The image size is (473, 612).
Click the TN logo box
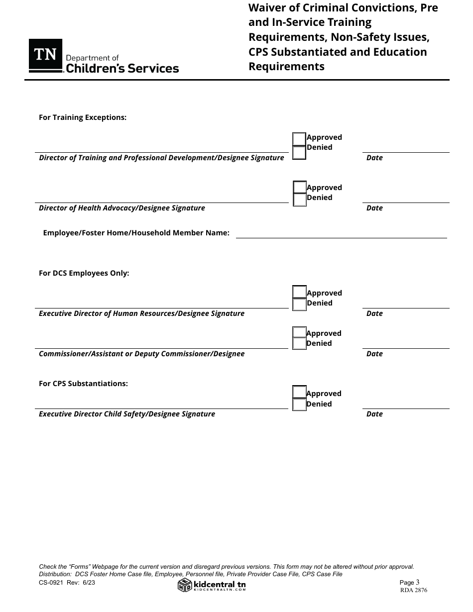tap(45, 55)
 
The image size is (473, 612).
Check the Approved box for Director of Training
tap(299, 139)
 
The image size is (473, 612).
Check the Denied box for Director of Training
tap(299, 152)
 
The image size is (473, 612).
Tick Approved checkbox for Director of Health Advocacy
tap(300, 187)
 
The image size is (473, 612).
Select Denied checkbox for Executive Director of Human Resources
tap(299, 304)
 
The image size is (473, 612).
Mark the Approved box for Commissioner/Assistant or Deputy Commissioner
tap(299, 332)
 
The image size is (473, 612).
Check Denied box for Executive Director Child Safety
tap(299, 405)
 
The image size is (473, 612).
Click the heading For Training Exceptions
tap(83, 117)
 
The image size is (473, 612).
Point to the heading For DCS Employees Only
tap(84, 273)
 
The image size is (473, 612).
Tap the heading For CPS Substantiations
tap(83, 384)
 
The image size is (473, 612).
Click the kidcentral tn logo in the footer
tap(212, 586)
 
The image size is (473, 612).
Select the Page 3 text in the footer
tap(410, 582)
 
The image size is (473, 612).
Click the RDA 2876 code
tap(413, 591)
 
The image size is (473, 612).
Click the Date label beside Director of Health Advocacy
tap(374, 208)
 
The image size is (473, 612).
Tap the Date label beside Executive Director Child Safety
tap(374, 414)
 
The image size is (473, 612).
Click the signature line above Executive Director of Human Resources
tap(162, 308)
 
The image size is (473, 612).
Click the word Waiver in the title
tap(268, 8)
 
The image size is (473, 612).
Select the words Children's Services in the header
tap(122, 69)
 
